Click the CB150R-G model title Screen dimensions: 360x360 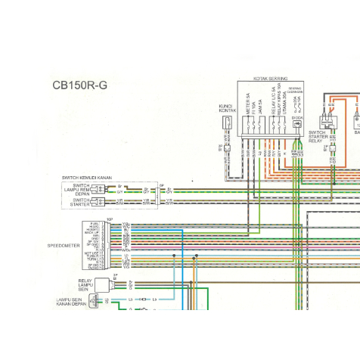[x=79, y=85]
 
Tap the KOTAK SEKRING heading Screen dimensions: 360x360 [x=270, y=78]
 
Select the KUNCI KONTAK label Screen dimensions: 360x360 [x=225, y=108]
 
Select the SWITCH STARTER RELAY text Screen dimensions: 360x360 [x=316, y=137]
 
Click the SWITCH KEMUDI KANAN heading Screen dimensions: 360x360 [x=86, y=178]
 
